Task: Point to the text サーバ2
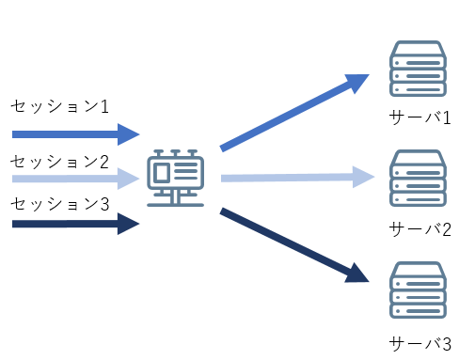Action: [420, 228]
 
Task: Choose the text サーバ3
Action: [420, 342]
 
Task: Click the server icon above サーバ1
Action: [417, 70]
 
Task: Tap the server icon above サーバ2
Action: [417, 179]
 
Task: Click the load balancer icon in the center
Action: [176, 177]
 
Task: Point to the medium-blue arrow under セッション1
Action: [75, 132]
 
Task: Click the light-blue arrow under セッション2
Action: [75, 177]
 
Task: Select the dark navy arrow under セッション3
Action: [75, 224]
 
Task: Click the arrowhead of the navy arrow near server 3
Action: [356, 274]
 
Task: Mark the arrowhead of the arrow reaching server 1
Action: [358, 83]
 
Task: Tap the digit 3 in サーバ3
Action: [447, 342]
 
